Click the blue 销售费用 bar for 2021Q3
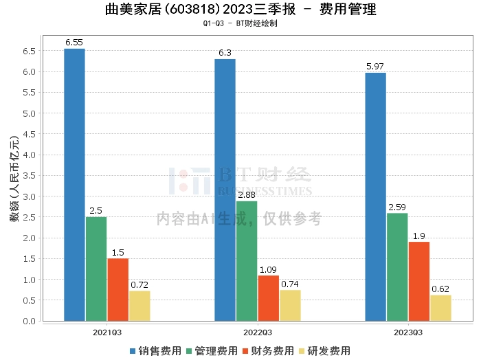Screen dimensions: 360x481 74,185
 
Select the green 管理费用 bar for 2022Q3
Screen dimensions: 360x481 247,261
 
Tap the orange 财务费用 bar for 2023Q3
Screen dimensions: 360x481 419,282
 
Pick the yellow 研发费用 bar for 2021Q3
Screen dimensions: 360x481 139,306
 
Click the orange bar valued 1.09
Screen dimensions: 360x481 269,298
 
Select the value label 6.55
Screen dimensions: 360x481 74,43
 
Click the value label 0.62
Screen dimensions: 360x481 440,289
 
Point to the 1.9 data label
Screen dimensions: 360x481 419,236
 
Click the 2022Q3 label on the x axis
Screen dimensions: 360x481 258,331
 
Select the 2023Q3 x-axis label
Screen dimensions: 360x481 408,331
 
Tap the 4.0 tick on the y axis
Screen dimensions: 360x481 28,155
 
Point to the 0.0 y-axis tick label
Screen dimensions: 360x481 28,322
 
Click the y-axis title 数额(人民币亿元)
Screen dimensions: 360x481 14,183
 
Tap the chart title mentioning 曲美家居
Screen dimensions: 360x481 241,10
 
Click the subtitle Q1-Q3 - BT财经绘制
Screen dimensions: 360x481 241,23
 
